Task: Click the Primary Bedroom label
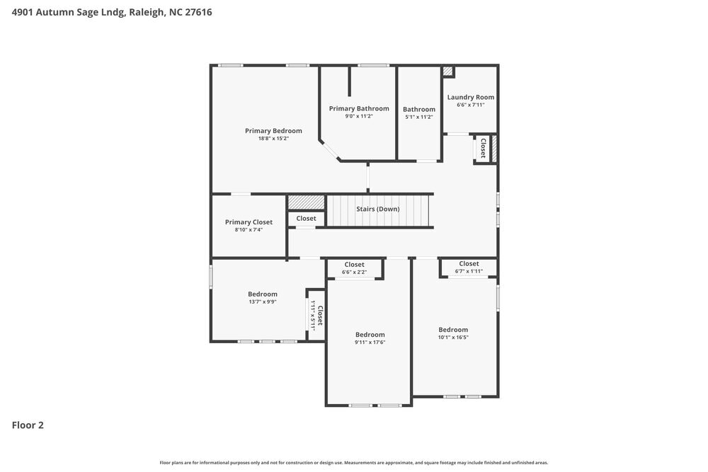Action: click(x=273, y=131)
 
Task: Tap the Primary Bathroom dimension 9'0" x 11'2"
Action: click(x=359, y=116)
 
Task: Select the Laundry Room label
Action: click(x=471, y=97)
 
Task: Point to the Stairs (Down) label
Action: click(x=377, y=209)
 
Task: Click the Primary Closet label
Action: click(x=249, y=222)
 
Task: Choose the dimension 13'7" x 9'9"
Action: click(x=263, y=301)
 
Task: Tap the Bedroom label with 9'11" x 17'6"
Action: click(x=370, y=335)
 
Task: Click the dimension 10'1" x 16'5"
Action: click(x=453, y=338)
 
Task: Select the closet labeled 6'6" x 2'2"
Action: click(x=354, y=272)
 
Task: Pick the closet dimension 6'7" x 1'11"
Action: click(x=469, y=271)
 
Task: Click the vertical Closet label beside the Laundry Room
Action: click(x=483, y=148)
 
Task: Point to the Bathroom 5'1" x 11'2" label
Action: click(x=419, y=110)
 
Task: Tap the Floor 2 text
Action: click(x=28, y=425)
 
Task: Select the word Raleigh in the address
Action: click(x=146, y=12)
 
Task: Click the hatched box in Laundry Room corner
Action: click(x=447, y=71)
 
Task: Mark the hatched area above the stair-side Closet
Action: click(x=306, y=202)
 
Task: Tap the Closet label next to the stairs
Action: click(x=306, y=219)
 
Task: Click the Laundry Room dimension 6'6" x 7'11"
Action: click(x=471, y=105)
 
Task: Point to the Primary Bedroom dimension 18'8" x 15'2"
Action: click(x=273, y=139)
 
